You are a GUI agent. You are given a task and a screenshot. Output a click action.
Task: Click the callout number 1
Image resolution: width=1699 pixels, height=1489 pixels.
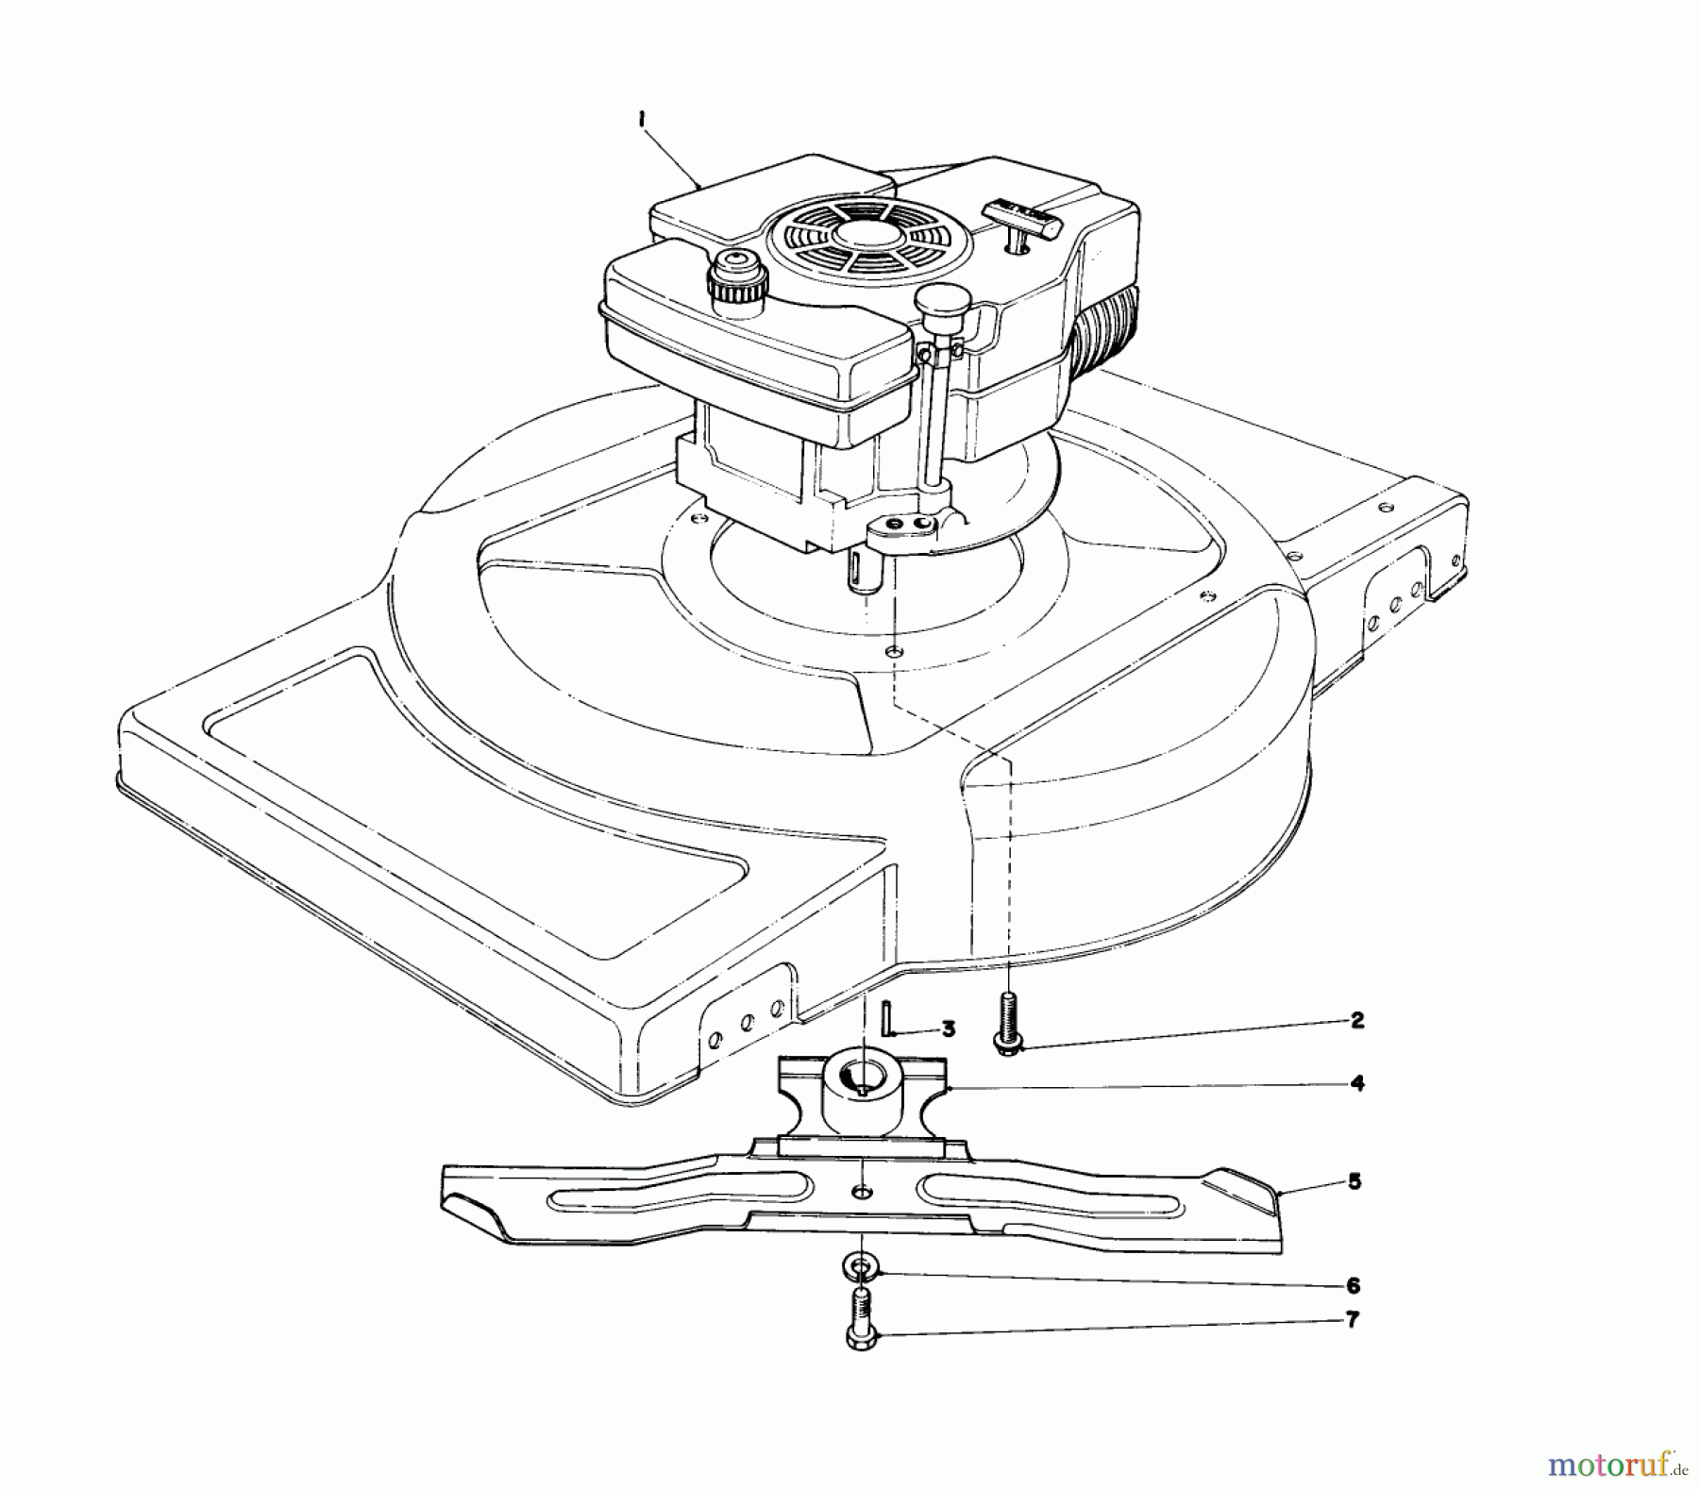point(641,120)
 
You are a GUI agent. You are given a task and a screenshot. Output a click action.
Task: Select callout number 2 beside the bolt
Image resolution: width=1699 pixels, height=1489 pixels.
point(1356,1020)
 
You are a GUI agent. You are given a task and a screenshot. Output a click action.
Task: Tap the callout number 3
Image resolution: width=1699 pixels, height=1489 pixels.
point(949,1029)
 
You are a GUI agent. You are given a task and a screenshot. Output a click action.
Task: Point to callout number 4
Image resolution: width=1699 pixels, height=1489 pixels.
point(1356,1083)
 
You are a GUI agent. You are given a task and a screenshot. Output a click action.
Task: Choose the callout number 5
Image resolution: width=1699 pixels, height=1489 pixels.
point(1354,1180)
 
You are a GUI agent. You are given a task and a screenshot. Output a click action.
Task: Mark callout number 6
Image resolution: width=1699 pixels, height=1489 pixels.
point(1353,1285)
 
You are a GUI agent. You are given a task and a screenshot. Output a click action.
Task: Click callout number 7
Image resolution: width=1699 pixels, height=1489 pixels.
point(1353,1320)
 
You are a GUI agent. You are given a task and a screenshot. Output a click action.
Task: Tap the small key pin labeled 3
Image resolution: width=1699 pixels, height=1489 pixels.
point(886,1019)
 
